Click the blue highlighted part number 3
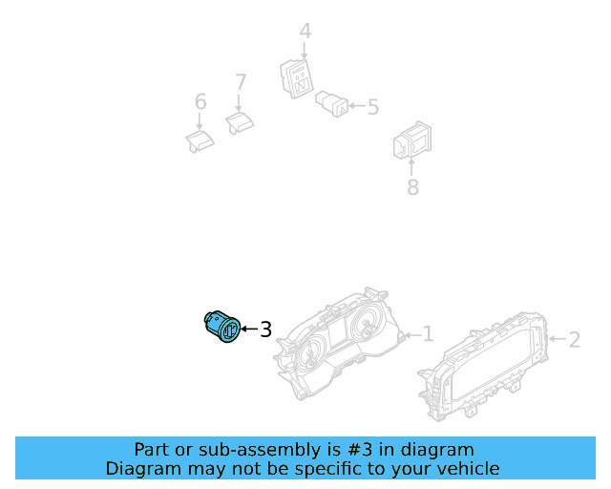coord(222,327)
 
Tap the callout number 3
coord(265,330)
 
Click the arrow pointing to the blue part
coord(249,330)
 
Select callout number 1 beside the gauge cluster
coord(429,334)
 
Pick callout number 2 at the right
coord(575,340)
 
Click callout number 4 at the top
coord(305,32)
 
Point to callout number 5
coord(373,107)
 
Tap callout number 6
coord(200,102)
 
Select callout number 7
coord(241,82)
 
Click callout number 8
coord(412,187)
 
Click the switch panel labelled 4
coord(297,78)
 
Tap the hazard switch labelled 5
coord(331,104)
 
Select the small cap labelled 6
coord(200,141)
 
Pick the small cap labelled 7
coord(240,123)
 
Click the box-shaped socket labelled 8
coord(412,140)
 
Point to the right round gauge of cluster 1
coord(367,325)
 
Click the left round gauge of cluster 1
coord(310,354)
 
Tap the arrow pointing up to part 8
coord(411,166)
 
